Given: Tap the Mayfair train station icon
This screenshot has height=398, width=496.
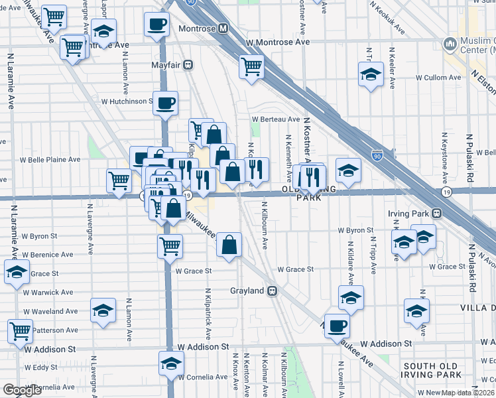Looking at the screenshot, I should point(189,65).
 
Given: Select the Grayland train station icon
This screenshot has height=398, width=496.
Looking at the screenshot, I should point(272,291).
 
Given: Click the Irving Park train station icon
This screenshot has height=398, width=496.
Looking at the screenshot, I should point(437,214).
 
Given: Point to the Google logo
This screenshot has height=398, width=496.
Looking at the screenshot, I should point(23,390).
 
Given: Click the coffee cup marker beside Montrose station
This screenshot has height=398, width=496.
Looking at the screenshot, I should point(157,25).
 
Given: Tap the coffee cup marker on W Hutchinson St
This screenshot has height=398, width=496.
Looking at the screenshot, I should point(166,103).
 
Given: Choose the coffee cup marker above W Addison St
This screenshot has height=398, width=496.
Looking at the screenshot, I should point(338,326).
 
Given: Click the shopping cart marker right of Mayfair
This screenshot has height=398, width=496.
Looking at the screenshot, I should point(251,66).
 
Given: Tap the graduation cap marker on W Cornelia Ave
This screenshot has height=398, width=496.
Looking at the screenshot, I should point(171,364).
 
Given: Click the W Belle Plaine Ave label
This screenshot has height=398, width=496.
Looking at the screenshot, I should point(50,160).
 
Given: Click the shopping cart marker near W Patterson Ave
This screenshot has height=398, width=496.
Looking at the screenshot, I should point(20,330).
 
